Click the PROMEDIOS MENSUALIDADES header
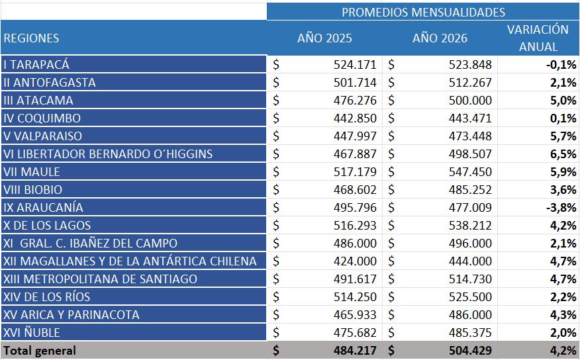pyautogui.click(x=423, y=12)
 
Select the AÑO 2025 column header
pyautogui.click(x=325, y=38)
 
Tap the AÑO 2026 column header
pyautogui.click(x=440, y=38)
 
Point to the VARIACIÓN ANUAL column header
pyautogui.click(x=538, y=38)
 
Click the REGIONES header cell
pyautogui.click(x=31, y=38)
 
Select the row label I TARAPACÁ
pyautogui.click(x=36, y=65)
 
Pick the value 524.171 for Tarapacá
pyautogui.click(x=355, y=65)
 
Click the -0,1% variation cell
pyautogui.click(x=560, y=65)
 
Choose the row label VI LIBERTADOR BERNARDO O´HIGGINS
pyautogui.click(x=108, y=154)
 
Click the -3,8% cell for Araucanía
pyautogui.click(x=560, y=208)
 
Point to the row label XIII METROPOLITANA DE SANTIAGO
pyautogui.click(x=100, y=279)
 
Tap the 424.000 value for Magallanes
pyautogui.click(x=355, y=261)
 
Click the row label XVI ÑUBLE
pyautogui.click(x=32, y=333)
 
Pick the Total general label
pyautogui.click(x=40, y=351)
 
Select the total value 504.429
pyautogui.click(x=469, y=351)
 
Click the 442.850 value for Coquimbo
pyautogui.click(x=355, y=118)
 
